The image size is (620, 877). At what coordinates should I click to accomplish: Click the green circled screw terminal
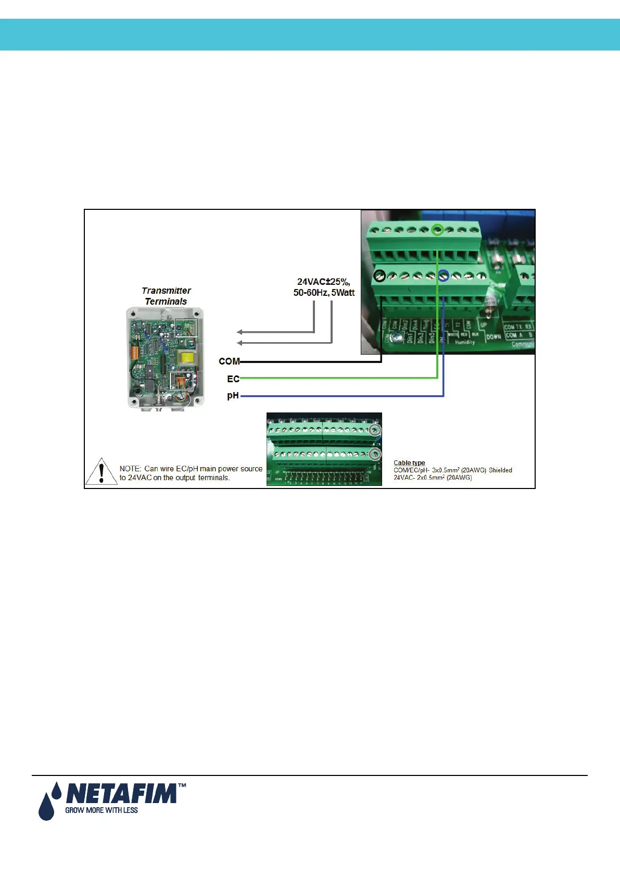[x=438, y=229]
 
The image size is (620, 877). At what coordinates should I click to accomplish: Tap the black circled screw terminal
[x=379, y=275]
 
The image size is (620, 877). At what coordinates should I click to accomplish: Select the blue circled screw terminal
[x=444, y=276]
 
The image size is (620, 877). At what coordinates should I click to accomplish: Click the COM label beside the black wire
[x=229, y=361]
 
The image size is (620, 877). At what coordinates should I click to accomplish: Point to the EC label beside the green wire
[x=233, y=379]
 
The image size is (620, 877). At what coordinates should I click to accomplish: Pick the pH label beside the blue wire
[x=233, y=396]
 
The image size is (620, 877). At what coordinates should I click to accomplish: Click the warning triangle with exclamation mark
[x=102, y=472]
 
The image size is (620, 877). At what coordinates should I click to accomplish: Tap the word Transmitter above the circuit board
[x=167, y=291]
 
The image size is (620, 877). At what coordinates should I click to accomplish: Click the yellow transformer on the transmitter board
[x=184, y=357]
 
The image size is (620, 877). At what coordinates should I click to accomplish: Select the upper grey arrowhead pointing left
[x=239, y=332]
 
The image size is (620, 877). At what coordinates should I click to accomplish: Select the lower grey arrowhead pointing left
[x=239, y=343]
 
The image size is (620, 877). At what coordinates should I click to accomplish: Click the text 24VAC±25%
[x=323, y=282]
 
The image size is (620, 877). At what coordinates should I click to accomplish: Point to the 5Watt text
[x=343, y=293]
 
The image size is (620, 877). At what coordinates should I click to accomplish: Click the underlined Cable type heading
[x=409, y=463]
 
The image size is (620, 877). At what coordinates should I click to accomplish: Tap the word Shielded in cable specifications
[x=500, y=470]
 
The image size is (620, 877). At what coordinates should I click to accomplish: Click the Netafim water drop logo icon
[x=47, y=802]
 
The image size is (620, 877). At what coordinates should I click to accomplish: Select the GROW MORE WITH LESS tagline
[x=102, y=810]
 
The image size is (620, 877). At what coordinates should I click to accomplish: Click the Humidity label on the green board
[x=465, y=342]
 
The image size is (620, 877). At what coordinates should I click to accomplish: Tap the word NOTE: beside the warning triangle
[x=130, y=469]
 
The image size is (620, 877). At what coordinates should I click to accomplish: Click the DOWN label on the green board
[x=494, y=337]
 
